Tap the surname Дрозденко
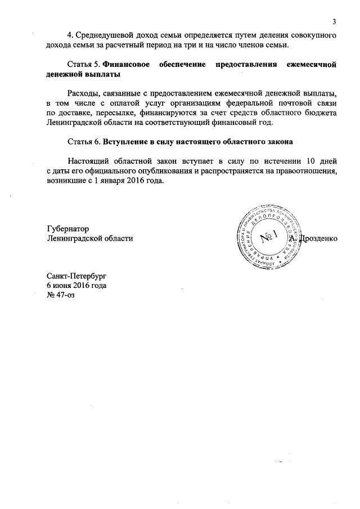click(x=319, y=238)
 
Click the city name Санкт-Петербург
click(x=76, y=276)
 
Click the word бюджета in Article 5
click(x=321, y=113)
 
